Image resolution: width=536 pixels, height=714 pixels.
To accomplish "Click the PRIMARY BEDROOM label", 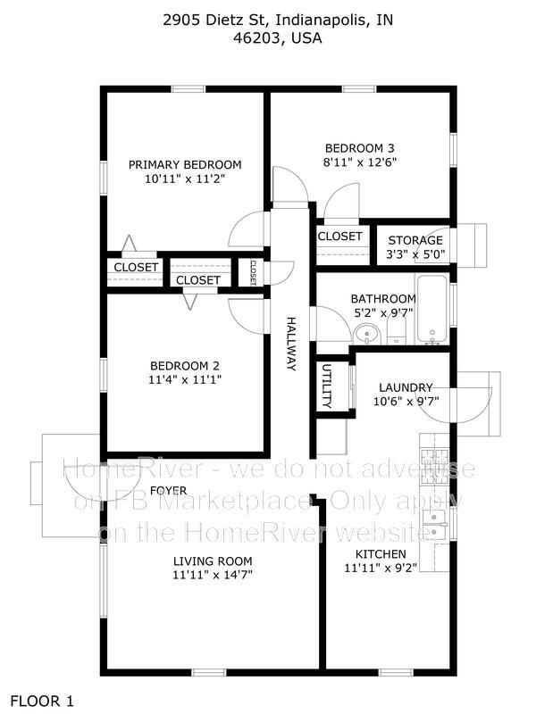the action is pos(185,164).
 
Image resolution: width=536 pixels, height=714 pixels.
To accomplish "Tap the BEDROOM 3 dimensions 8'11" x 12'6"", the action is pos(360,162).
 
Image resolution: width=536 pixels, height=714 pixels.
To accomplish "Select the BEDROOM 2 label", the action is pos(185,366).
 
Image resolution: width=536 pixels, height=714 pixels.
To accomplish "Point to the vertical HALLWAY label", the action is pos(291,344).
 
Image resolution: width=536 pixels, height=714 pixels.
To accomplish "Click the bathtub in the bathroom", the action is pos(431,310).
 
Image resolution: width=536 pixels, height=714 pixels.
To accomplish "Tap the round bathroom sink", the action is pos(366,335).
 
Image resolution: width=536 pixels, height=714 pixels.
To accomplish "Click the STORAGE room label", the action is pos(415,240).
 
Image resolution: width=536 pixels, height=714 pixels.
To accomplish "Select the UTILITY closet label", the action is pos(327,386).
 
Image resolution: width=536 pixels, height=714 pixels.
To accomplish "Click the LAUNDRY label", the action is pos(406,387).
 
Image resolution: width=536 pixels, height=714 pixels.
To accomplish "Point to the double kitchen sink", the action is pos(434,524).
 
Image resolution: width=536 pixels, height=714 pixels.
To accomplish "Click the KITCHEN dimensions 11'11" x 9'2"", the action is pos(381,568).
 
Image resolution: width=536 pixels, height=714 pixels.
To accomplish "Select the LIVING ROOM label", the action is pos(213,561).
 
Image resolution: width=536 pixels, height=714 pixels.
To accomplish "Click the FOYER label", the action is pos(168,490).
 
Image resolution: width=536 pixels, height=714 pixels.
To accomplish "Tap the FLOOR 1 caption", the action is pos(42,702).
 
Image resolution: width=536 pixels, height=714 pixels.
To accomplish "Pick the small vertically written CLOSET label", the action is pos(253,272).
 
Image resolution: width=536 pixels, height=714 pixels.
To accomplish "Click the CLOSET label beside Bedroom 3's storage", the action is pos(339,236).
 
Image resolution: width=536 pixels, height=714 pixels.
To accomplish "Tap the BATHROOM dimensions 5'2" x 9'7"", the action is pos(383,313).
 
